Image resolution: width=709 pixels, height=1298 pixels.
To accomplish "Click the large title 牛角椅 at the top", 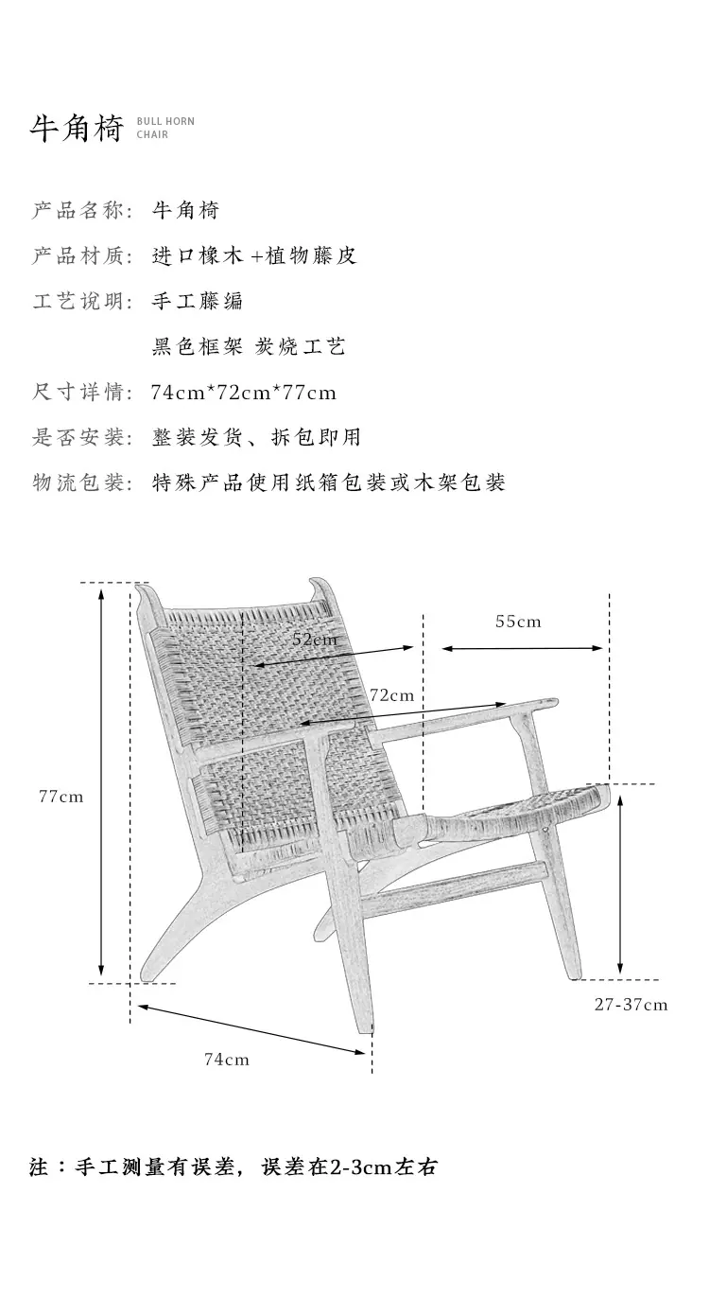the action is pyautogui.click(x=77, y=128).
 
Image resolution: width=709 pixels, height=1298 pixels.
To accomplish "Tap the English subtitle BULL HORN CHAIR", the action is pyautogui.click(x=165, y=128).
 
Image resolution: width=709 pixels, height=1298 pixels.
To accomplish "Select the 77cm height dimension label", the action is pyautogui.click(x=61, y=797).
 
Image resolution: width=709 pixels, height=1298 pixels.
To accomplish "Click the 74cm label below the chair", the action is pyautogui.click(x=227, y=1060).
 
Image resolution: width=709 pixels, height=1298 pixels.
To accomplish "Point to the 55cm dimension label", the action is pyautogui.click(x=518, y=622).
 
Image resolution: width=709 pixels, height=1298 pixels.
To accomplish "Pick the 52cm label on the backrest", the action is pyautogui.click(x=314, y=640).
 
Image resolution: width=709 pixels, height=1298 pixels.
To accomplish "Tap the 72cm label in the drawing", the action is pyautogui.click(x=391, y=694).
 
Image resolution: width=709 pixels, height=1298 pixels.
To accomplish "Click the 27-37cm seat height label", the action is pyautogui.click(x=631, y=1004).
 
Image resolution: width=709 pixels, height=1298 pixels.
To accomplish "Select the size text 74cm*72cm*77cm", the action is pyautogui.click(x=243, y=393).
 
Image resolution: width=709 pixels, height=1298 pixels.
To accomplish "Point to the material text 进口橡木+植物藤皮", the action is pyautogui.click(x=254, y=255).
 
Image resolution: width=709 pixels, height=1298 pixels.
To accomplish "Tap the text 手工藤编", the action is pyautogui.click(x=197, y=301).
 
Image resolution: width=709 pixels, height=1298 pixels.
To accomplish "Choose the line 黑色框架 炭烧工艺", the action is pyautogui.click(x=249, y=346).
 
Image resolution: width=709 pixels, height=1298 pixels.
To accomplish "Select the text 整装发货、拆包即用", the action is pyautogui.click(x=256, y=437).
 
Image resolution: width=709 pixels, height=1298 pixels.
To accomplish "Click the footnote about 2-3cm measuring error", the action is pyautogui.click(x=233, y=1166).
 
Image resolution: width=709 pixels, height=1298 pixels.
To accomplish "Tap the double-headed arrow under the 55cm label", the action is pyautogui.click(x=523, y=648).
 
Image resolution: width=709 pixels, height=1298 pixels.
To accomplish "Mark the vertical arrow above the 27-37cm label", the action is pyautogui.click(x=620, y=885).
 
